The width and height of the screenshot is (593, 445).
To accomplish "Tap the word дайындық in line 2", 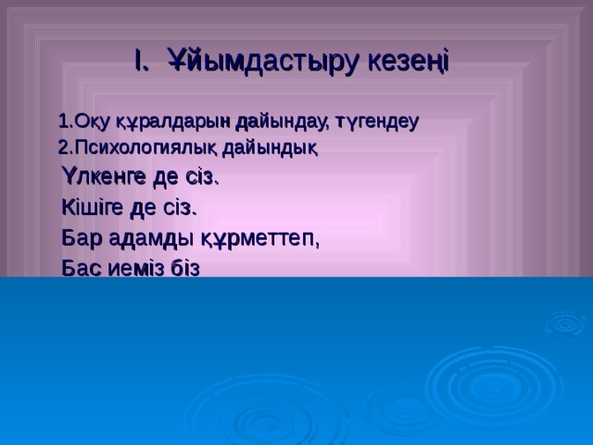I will point(272,146).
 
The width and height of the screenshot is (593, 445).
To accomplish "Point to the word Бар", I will point(79,237).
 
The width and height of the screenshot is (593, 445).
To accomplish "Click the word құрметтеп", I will point(259,238).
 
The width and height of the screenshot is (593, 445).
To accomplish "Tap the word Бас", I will point(80,268).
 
